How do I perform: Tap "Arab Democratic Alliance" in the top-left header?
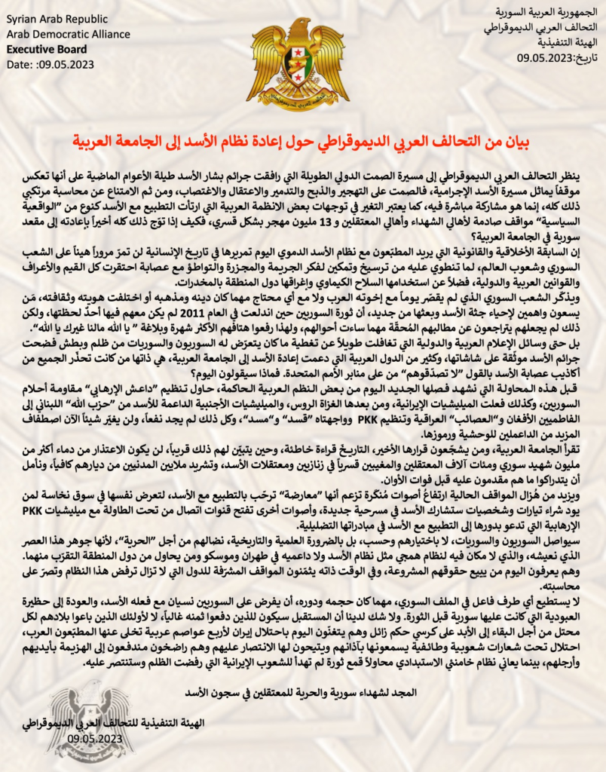59,33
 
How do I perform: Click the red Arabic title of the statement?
301,141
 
